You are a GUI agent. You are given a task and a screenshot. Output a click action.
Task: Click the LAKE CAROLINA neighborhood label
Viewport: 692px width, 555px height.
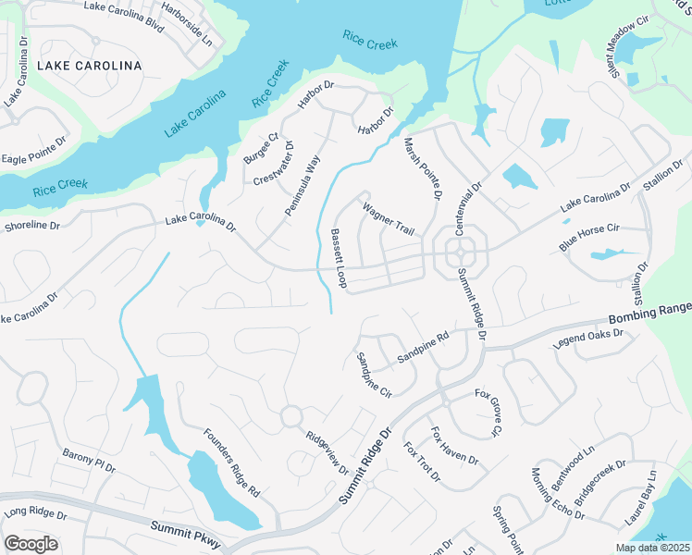point(89,66)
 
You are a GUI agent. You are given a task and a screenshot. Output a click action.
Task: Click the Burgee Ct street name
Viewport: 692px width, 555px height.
point(260,149)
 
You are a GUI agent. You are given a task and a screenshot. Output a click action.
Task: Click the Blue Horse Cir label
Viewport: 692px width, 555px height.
point(588,238)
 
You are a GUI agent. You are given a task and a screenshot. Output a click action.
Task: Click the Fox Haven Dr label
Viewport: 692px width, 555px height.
point(454,446)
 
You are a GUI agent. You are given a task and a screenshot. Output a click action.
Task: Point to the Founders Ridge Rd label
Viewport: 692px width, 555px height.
point(232,462)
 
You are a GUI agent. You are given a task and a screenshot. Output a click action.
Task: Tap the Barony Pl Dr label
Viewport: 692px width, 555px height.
point(89,462)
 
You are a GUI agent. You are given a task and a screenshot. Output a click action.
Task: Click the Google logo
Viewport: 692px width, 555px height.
point(31,544)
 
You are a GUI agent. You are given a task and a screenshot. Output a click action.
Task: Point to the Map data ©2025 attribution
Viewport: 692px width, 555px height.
point(651,548)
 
